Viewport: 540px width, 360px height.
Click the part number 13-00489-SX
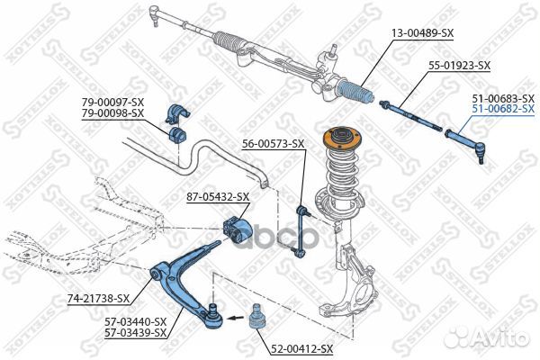[422, 33]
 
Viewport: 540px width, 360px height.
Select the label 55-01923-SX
[459, 66]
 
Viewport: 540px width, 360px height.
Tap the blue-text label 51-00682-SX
[503, 109]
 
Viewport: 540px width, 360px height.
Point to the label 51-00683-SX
[503, 98]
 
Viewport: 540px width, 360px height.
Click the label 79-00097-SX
[112, 103]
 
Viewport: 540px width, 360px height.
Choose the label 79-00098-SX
[112, 113]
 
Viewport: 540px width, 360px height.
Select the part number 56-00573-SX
[273, 144]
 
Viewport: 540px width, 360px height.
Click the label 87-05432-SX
[218, 197]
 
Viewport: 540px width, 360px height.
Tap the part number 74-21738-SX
[98, 298]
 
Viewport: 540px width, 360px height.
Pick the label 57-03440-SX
[135, 322]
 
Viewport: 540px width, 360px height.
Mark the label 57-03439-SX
[135, 332]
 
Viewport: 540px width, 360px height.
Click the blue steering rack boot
[356, 92]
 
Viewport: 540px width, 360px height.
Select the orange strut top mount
[342, 139]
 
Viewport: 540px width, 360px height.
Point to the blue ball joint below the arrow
[256, 318]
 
